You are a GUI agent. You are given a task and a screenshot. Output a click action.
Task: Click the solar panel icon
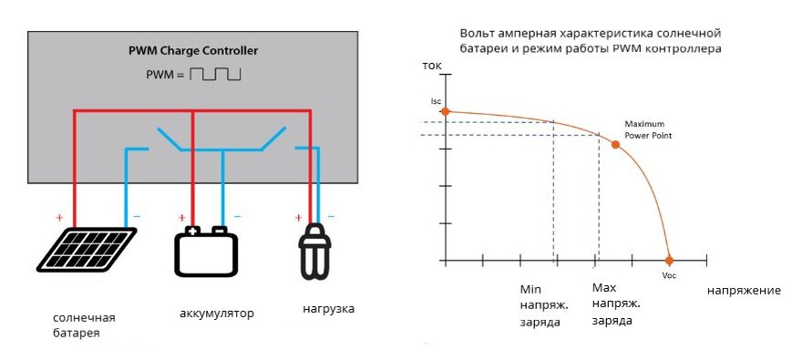click(x=87, y=249)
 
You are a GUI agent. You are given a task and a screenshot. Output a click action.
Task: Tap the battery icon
click(x=206, y=252)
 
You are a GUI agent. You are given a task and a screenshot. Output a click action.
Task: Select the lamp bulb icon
click(x=314, y=251)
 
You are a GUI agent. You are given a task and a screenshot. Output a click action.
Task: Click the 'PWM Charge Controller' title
click(x=192, y=50)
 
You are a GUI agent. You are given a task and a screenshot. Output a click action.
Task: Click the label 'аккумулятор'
click(x=217, y=314)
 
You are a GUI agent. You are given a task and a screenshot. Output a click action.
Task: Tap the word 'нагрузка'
click(x=328, y=309)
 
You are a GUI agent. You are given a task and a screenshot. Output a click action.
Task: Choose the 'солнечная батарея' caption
click(x=85, y=325)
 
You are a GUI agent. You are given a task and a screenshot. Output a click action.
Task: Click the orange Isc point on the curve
click(x=446, y=111)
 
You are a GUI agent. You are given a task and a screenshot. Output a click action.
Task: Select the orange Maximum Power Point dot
click(x=614, y=145)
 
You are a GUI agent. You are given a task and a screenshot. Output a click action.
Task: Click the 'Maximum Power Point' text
click(x=646, y=129)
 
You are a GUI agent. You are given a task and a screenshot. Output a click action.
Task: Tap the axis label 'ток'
click(x=432, y=67)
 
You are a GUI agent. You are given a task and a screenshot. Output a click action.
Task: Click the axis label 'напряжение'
click(x=744, y=291)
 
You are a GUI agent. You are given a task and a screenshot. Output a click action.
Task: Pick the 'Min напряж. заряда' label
click(x=540, y=305)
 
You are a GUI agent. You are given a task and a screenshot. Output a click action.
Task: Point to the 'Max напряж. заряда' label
click(x=616, y=304)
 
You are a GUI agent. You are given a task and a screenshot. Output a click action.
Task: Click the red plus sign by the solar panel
click(x=59, y=218)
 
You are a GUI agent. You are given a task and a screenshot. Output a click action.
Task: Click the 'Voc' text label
click(x=670, y=275)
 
